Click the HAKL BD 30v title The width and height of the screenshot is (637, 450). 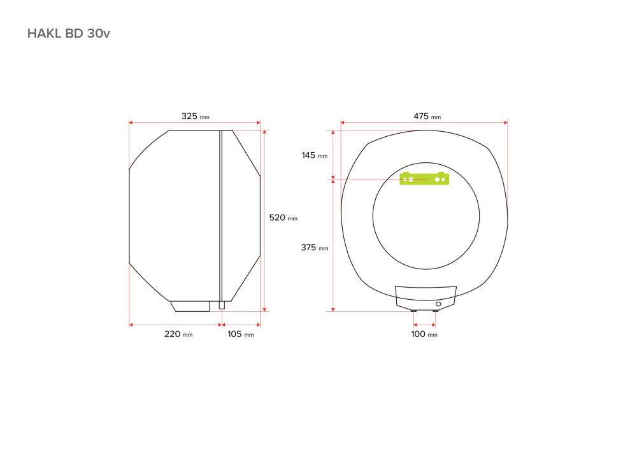point(68,33)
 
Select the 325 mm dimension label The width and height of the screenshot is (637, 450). point(195,116)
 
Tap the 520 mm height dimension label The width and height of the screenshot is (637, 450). point(283,218)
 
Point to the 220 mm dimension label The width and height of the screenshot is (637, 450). point(178,334)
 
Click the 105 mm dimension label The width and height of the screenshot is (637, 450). point(241,334)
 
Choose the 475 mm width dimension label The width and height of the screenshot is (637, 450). point(427,116)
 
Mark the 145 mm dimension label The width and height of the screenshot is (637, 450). point(315,155)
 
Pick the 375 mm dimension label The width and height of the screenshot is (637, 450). point(315,248)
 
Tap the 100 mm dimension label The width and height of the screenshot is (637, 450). point(424,334)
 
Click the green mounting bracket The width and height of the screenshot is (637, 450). point(424,179)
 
